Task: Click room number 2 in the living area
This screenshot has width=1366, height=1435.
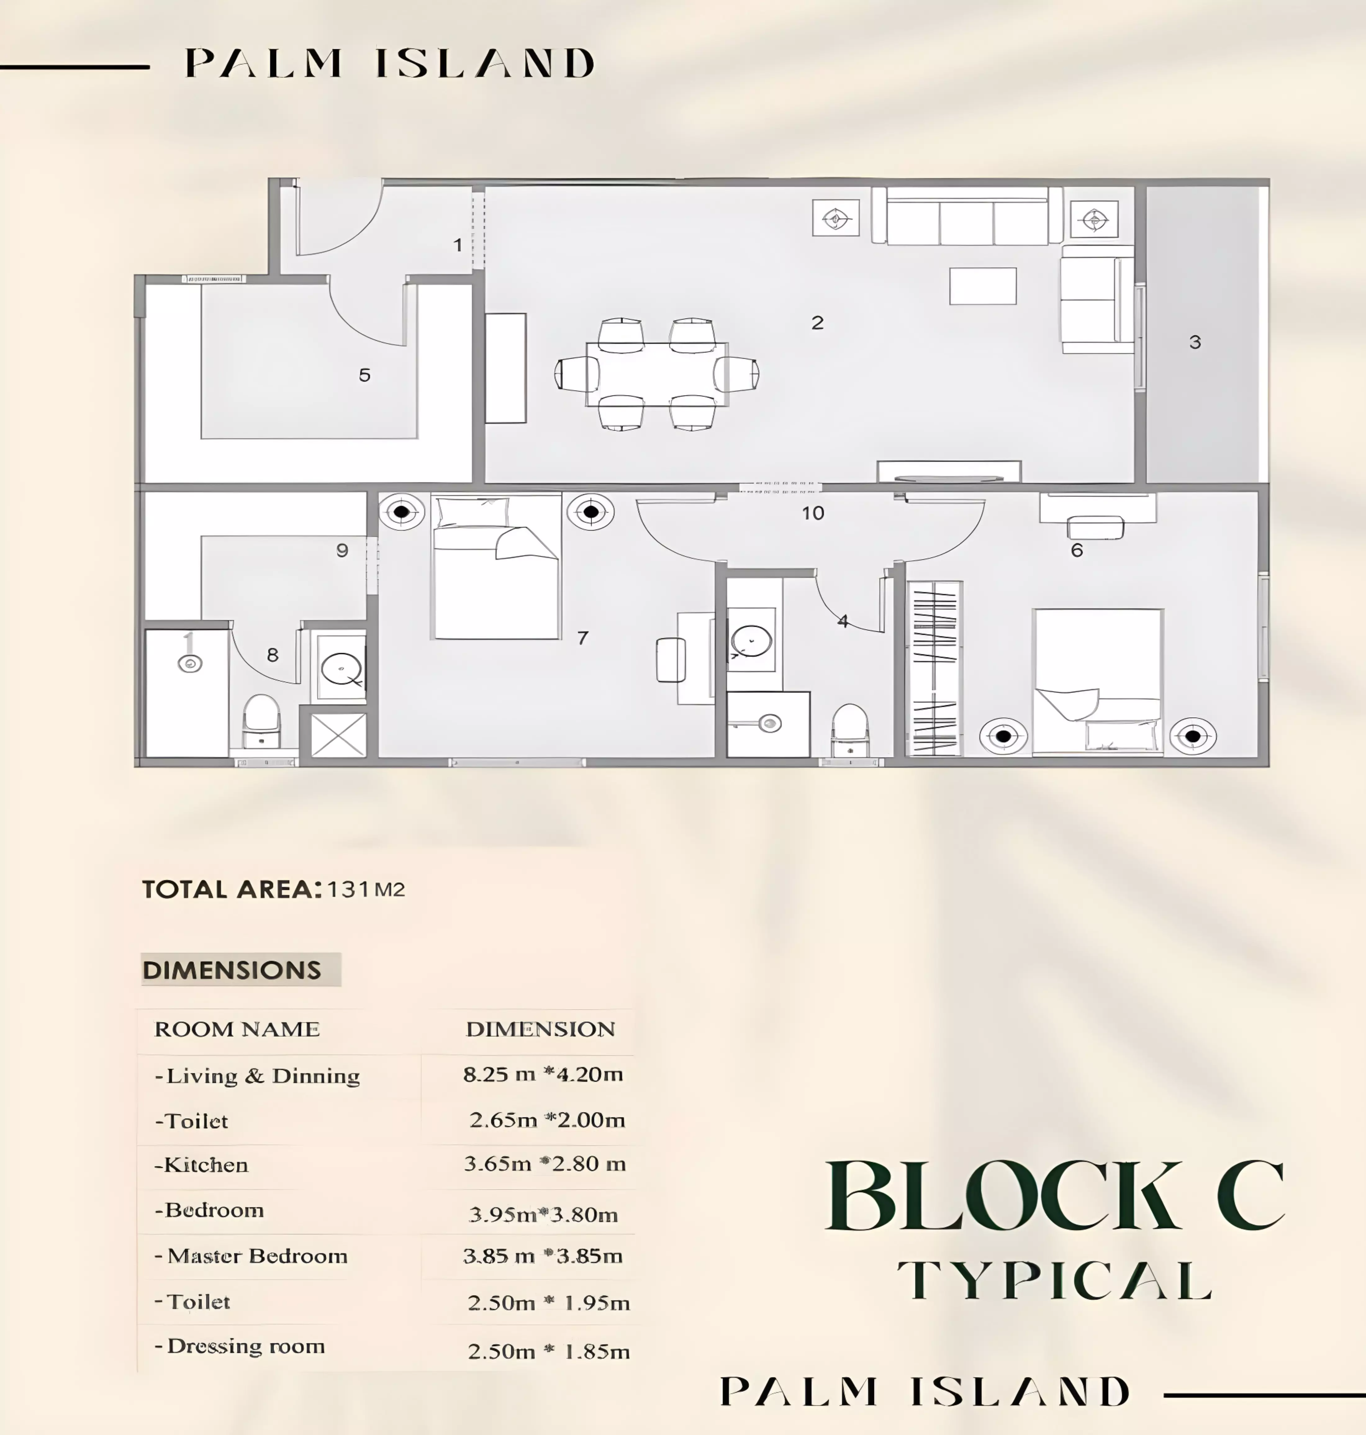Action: click(x=817, y=322)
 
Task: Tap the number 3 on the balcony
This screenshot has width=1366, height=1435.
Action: click(x=1195, y=342)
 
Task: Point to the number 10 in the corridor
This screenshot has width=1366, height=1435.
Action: click(x=812, y=513)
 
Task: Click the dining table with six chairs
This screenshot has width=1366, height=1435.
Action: click(x=657, y=374)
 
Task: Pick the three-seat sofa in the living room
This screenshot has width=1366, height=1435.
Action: click(x=967, y=215)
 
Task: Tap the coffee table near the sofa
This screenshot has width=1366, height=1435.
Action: click(x=982, y=286)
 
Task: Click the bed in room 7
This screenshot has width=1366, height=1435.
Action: click(x=496, y=567)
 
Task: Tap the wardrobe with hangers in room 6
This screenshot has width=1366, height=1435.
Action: click(x=934, y=668)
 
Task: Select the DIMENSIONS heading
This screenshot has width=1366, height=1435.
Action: click(x=232, y=970)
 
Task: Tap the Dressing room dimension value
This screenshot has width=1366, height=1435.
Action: click(x=548, y=1351)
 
